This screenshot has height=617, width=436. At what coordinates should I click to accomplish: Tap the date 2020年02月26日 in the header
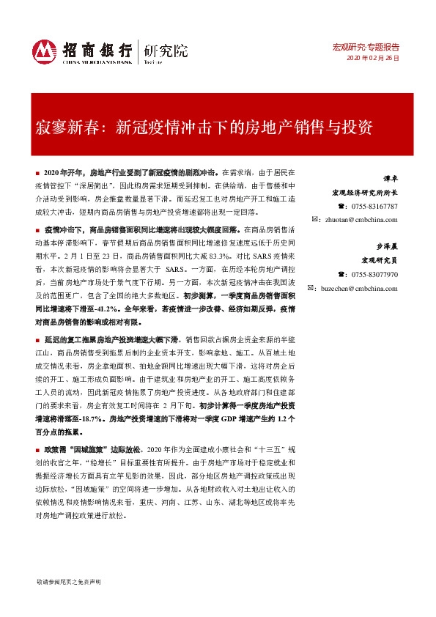tap(374, 58)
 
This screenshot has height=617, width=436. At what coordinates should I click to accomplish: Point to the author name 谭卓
tap(391, 179)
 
